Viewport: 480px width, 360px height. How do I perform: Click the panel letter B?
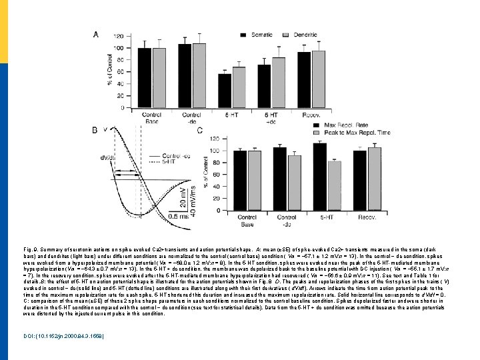(x=95, y=129)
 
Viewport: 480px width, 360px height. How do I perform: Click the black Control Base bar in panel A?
(x=144, y=77)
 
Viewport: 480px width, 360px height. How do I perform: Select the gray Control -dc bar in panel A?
(x=199, y=75)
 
